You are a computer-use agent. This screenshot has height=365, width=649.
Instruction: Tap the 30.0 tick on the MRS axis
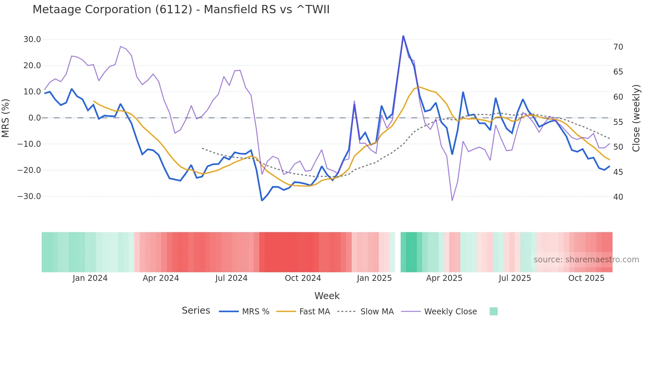coord(32,39)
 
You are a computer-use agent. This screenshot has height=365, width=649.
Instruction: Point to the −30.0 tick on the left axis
coord(29,196)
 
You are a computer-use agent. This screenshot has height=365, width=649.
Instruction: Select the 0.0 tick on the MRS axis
coord(35,118)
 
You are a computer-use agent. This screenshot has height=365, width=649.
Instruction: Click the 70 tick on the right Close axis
coord(618,47)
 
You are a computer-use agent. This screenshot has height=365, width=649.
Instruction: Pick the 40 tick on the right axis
coord(618,197)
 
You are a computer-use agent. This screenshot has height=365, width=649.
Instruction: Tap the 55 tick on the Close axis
coord(618,122)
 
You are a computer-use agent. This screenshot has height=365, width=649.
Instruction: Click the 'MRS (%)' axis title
coord(6,118)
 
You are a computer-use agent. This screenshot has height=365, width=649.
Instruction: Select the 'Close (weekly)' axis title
coord(636,118)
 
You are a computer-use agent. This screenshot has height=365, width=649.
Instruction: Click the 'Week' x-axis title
coord(327,296)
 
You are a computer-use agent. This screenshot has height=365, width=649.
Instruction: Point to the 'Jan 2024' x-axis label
coord(90,278)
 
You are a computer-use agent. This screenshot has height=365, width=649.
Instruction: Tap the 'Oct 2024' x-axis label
coord(303,278)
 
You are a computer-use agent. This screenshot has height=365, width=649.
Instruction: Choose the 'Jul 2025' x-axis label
coord(515,278)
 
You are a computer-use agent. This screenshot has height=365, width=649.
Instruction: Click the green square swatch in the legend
coord(494,311)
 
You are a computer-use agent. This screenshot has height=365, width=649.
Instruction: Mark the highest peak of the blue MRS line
coord(403,36)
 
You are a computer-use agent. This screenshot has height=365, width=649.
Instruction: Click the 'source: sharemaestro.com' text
coord(586,260)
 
